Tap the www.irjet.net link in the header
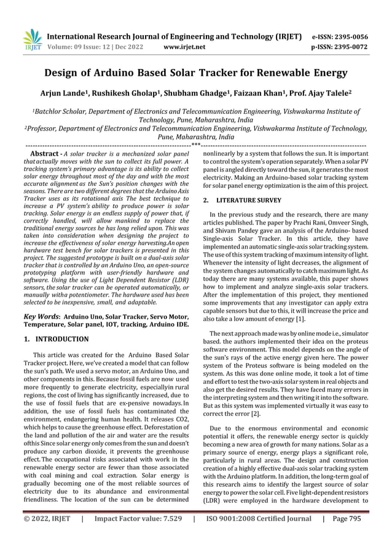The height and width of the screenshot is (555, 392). [184, 46]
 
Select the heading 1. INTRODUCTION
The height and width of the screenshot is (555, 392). [55, 339]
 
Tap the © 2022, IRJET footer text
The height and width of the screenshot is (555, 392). [45, 536]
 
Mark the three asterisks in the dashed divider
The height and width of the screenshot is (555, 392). [195, 145]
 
